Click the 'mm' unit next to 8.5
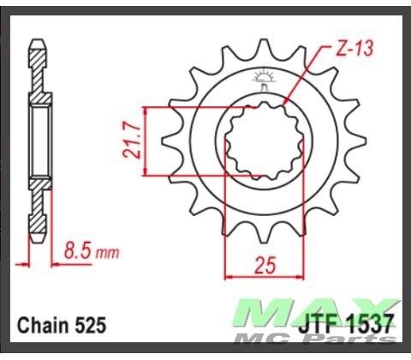pos(107,254)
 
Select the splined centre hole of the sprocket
pos(260,142)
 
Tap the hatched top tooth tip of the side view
pos(38,54)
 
